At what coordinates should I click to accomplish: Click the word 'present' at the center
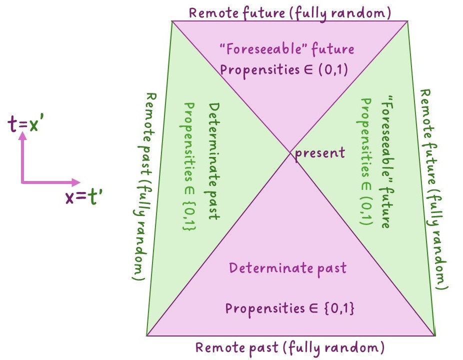319,152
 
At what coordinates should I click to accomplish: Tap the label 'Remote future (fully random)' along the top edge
289,12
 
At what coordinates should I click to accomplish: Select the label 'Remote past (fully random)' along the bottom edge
289,347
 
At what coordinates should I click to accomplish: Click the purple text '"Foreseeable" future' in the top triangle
287,49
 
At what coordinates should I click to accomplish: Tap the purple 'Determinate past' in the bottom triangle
287,268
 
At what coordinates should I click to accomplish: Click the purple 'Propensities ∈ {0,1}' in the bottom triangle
289,308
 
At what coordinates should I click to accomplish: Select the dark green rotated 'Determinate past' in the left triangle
214,161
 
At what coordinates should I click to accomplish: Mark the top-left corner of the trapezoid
172,21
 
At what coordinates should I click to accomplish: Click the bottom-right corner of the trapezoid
435,335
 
